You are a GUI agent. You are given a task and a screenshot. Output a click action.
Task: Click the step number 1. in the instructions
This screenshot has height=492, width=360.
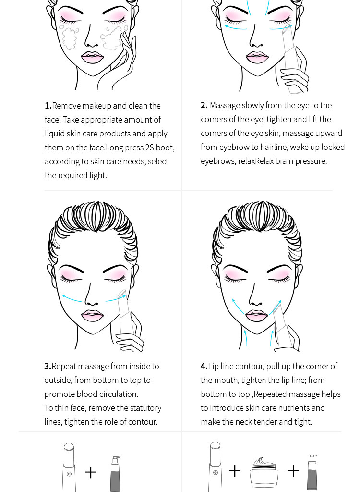pyautogui.click(x=48, y=106)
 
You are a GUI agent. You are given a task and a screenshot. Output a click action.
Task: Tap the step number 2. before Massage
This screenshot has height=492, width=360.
pyautogui.click(x=204, y=105)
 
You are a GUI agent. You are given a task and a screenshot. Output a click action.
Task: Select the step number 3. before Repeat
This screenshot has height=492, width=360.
pyautogui.click(x=48, y=366)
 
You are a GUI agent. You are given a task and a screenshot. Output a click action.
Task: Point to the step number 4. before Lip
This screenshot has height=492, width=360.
pyautogui.click(x=204, y=366)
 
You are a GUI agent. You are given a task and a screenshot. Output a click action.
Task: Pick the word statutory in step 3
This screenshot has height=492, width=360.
pyautogui.click(x=145, y=408)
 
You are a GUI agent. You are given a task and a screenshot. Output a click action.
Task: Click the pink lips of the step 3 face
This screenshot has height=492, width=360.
pyautogui.click(x=93, y=315)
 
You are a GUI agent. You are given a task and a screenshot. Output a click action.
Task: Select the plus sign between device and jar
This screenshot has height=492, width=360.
pyautogui.click(x=235, y=471)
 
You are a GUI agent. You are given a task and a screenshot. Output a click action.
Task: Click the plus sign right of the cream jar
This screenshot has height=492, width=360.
pyautogui.click(x=293, y=471)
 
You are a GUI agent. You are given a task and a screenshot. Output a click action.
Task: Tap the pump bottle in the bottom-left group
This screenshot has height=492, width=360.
pyautogui.click(x=115, y=474)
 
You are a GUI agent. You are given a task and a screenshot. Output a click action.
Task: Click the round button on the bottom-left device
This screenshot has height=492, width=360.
pyautogui.click(x=69, y=474)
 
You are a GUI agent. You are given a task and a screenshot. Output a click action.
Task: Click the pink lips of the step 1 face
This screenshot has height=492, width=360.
pyautogui.click(x=93, y=57)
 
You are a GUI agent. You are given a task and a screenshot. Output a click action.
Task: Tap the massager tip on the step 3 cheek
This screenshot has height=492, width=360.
pyautogui.click(x=121, y=294)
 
